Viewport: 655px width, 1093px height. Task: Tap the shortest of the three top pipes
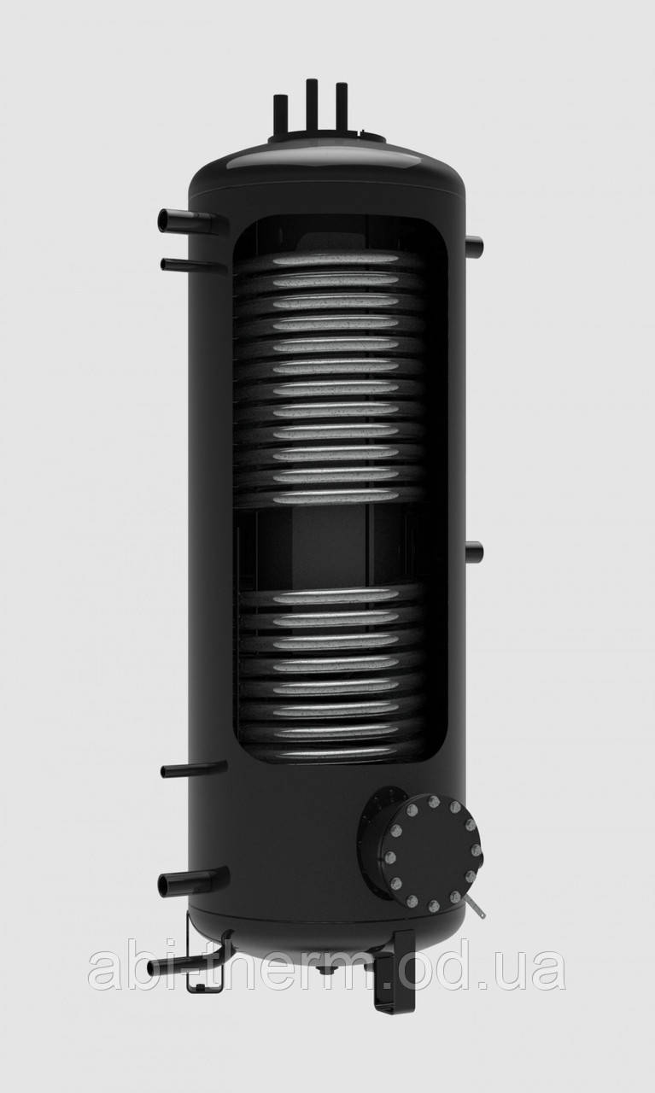(281, 115)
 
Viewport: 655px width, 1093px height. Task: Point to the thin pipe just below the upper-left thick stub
(193, 266)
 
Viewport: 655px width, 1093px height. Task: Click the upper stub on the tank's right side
(474, 246)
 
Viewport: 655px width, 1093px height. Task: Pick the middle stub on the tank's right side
(474, 552)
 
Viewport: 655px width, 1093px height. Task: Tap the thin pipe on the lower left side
(193, 769)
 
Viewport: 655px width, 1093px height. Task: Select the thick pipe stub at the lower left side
(193, 882)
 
